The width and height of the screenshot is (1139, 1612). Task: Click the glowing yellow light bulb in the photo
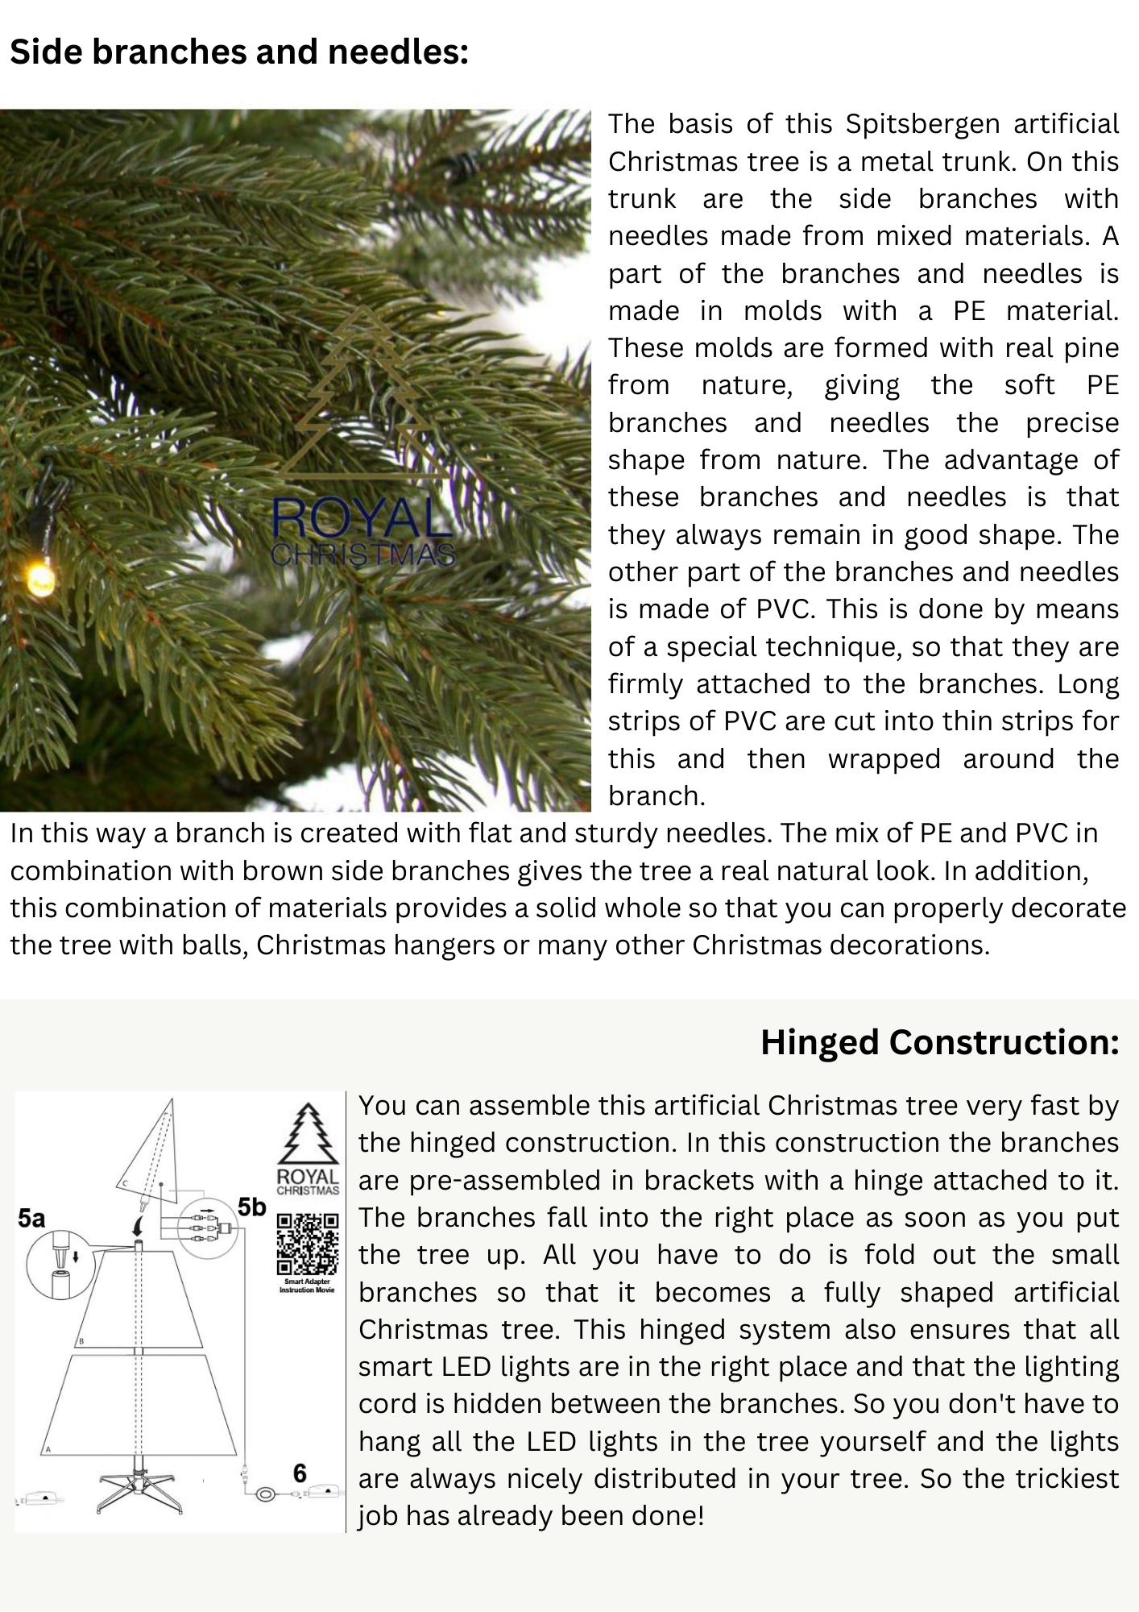[x=38, y=578]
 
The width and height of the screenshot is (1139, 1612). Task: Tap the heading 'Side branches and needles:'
[x=239, y=52]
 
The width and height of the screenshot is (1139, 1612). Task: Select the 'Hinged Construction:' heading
[x=939, y=1042]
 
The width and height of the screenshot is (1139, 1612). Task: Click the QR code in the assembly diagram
[x=307, y=1244]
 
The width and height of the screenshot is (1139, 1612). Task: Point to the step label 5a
[x=31, y=1219]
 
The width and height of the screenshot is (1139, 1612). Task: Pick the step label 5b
[x=251, y=1207]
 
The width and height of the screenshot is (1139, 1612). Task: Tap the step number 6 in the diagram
[x=300, y=1473]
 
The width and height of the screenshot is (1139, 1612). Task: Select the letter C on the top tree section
[x=126, y=1183]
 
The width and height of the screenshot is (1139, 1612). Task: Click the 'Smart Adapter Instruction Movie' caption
[x=307, y=1286]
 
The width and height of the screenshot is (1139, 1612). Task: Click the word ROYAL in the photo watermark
[x=361, y=519]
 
